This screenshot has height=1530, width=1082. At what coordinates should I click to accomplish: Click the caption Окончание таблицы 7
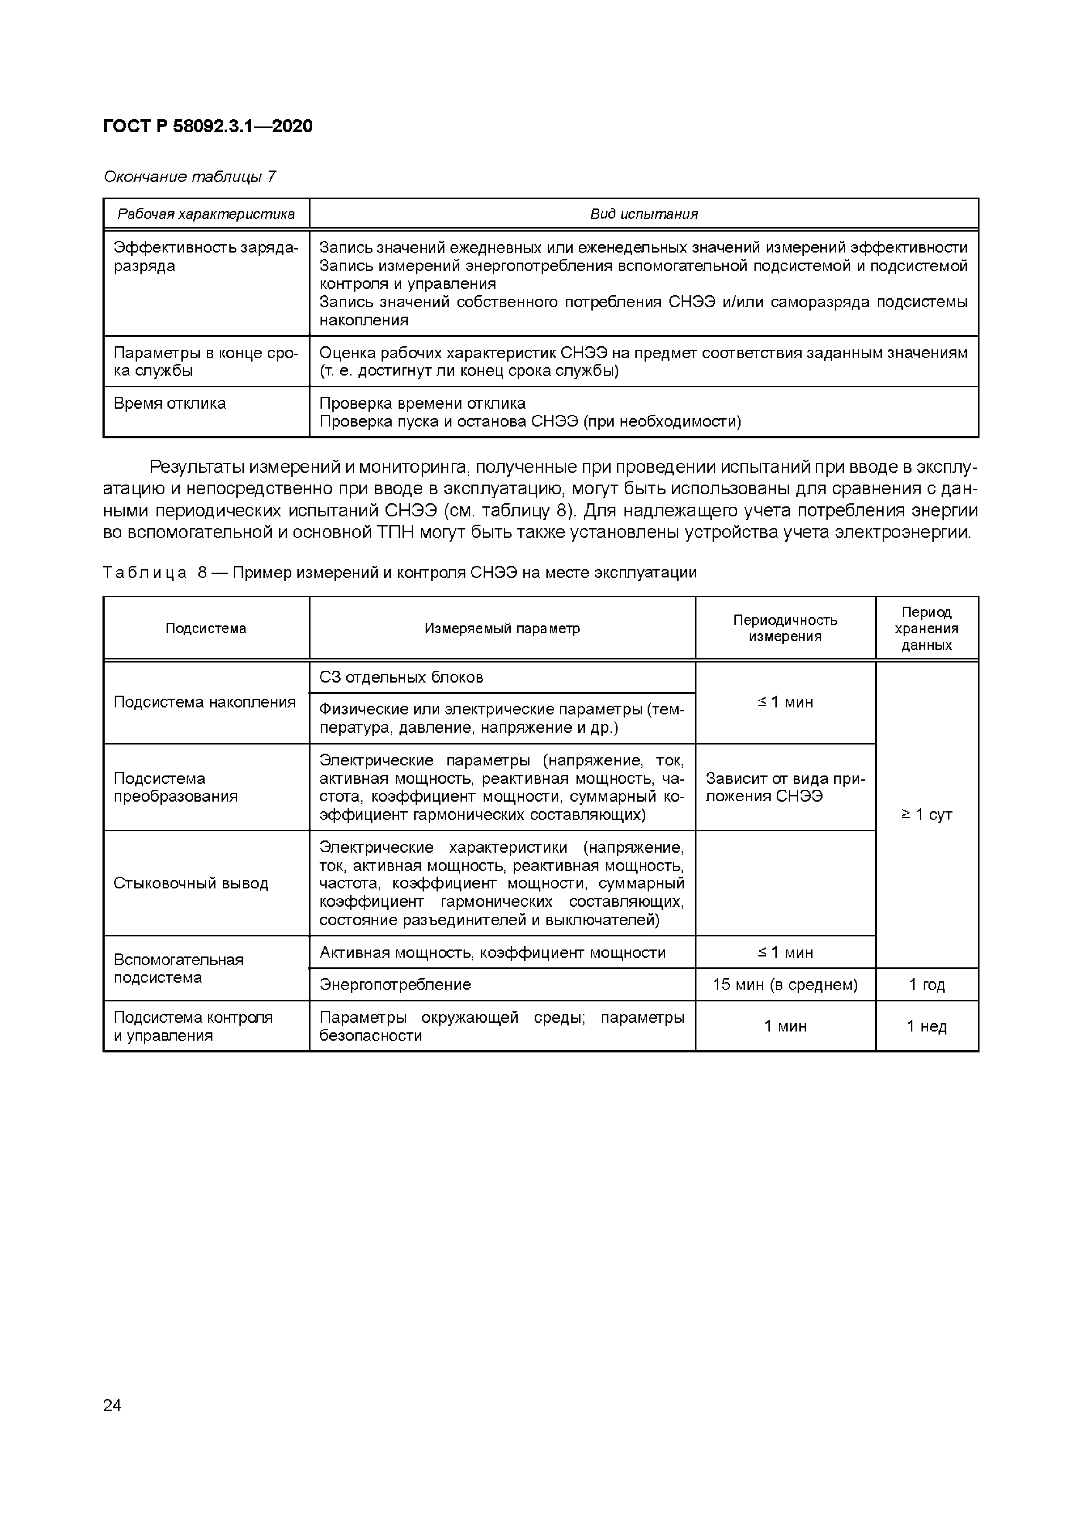[x=189, y=177]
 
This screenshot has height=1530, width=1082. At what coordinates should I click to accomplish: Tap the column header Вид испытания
[x=644, y=214]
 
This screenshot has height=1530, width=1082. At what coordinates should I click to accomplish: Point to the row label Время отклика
[x=170, y=403]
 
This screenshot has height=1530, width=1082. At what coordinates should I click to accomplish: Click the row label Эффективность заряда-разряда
[x=205, y=256]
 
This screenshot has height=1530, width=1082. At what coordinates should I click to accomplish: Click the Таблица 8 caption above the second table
[x=400, y=572]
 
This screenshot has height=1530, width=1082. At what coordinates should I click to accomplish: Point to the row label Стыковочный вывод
[x=191, y=883]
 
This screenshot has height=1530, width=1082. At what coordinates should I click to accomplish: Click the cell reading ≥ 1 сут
[x=927, y=814]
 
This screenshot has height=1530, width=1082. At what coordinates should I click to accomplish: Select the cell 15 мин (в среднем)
[x=785, y=984]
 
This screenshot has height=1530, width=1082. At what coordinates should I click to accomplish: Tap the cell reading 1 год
[x=927, y=984]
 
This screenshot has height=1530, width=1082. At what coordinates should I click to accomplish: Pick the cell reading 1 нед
[x=927, y=1026]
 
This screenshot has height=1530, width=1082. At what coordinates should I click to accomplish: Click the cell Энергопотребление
[x=395, y=984]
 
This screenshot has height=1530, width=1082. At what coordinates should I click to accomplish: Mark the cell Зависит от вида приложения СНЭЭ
[x=785, y=787]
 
